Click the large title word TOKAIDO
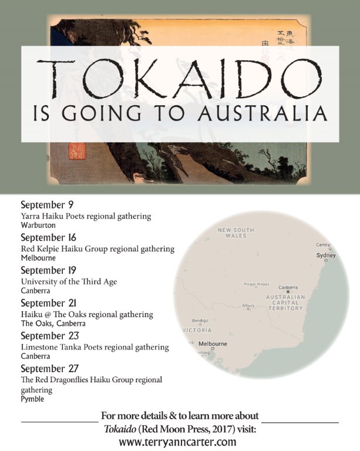tap(179, 75)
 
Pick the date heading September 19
tap(49, 271)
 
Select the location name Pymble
tap(32, 399)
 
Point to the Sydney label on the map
tap(326, 256)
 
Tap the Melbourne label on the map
tap(213, 344)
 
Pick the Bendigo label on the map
tap(200, 321)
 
